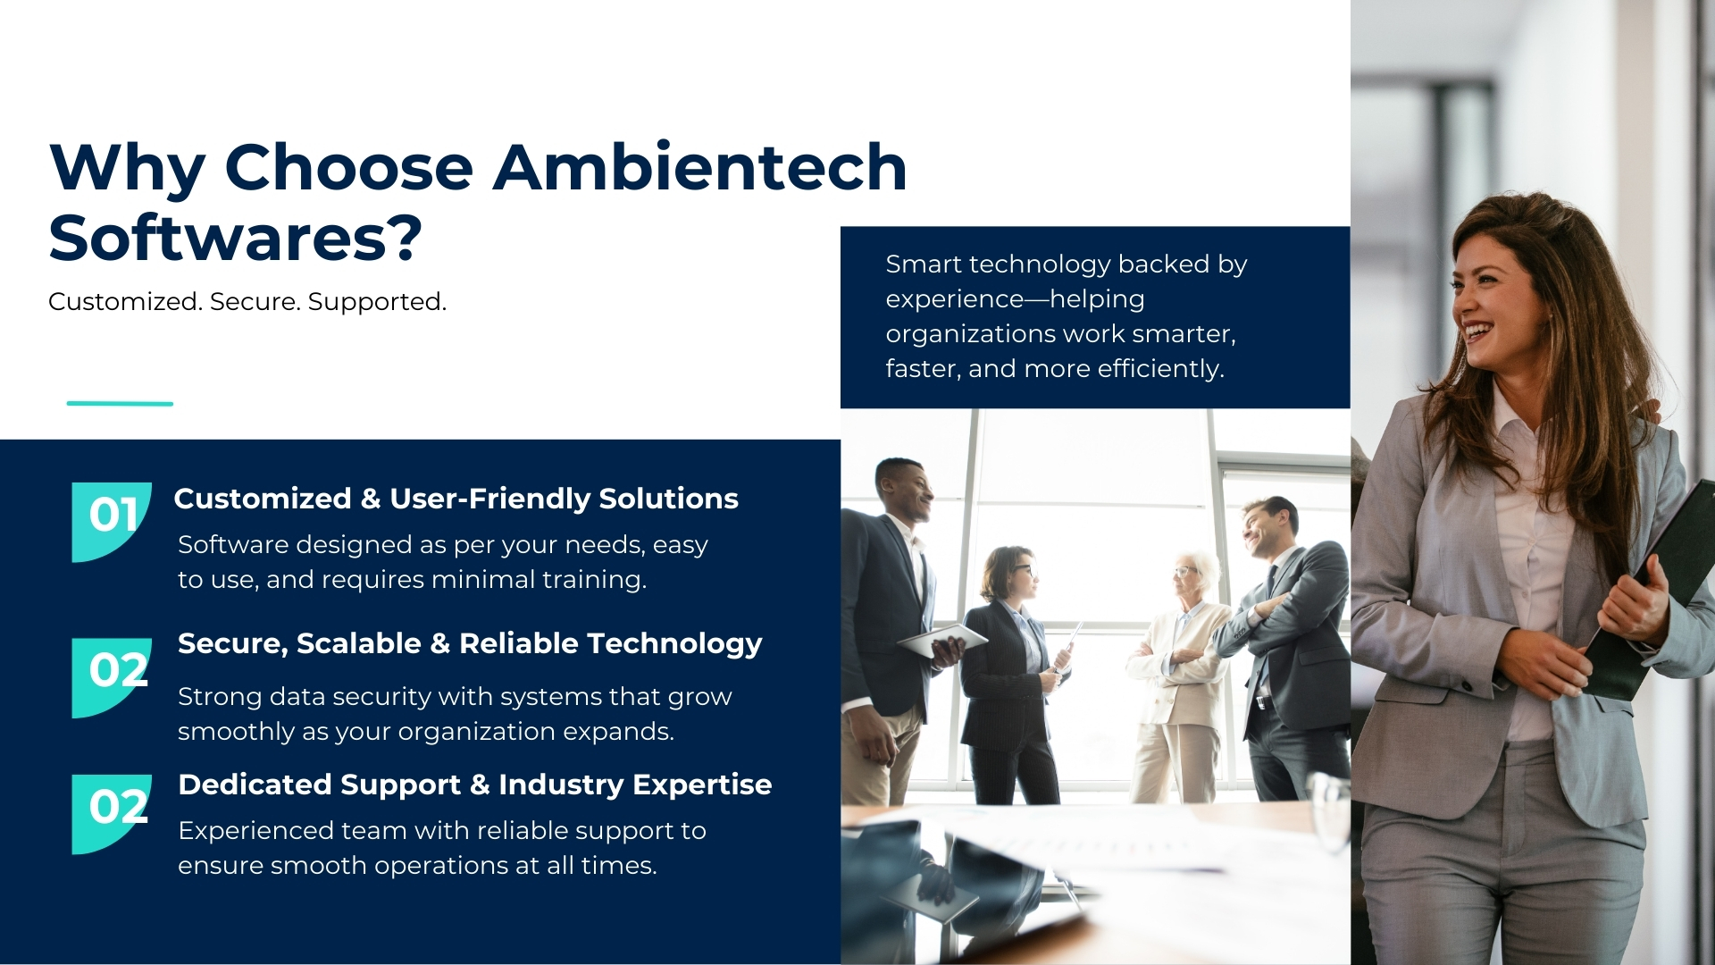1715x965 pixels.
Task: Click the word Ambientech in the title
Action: coord(700,167)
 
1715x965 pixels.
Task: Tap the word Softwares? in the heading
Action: coord(235,238)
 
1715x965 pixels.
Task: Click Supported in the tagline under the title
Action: coord(377,302)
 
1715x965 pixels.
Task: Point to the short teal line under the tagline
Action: coord(120,404)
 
